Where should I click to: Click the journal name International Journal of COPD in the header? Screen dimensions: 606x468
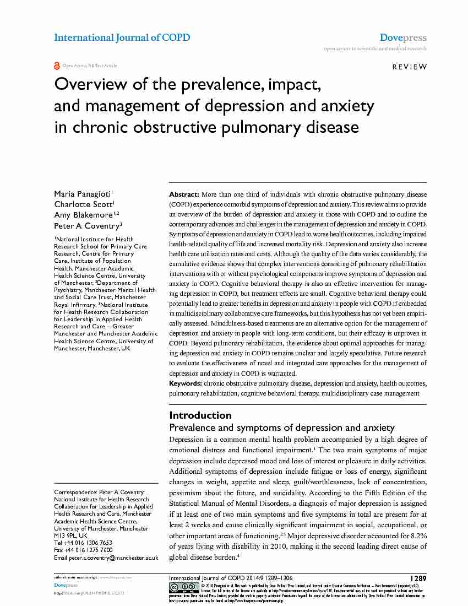(x=122, y=37)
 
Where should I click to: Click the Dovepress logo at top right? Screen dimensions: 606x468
(x=403, y=38)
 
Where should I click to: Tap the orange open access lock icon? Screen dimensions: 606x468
(x=57, y=66)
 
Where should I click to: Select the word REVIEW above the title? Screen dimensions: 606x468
(x=409, y=67)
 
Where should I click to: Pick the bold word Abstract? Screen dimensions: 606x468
(x=184, y=195)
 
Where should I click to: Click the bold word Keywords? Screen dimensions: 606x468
(x=186, y=383)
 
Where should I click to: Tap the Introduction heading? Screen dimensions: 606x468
(x=200, y=415)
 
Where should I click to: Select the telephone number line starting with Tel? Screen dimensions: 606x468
(x=83, y=543)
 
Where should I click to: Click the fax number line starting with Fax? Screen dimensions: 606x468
(x=83, y=550)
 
